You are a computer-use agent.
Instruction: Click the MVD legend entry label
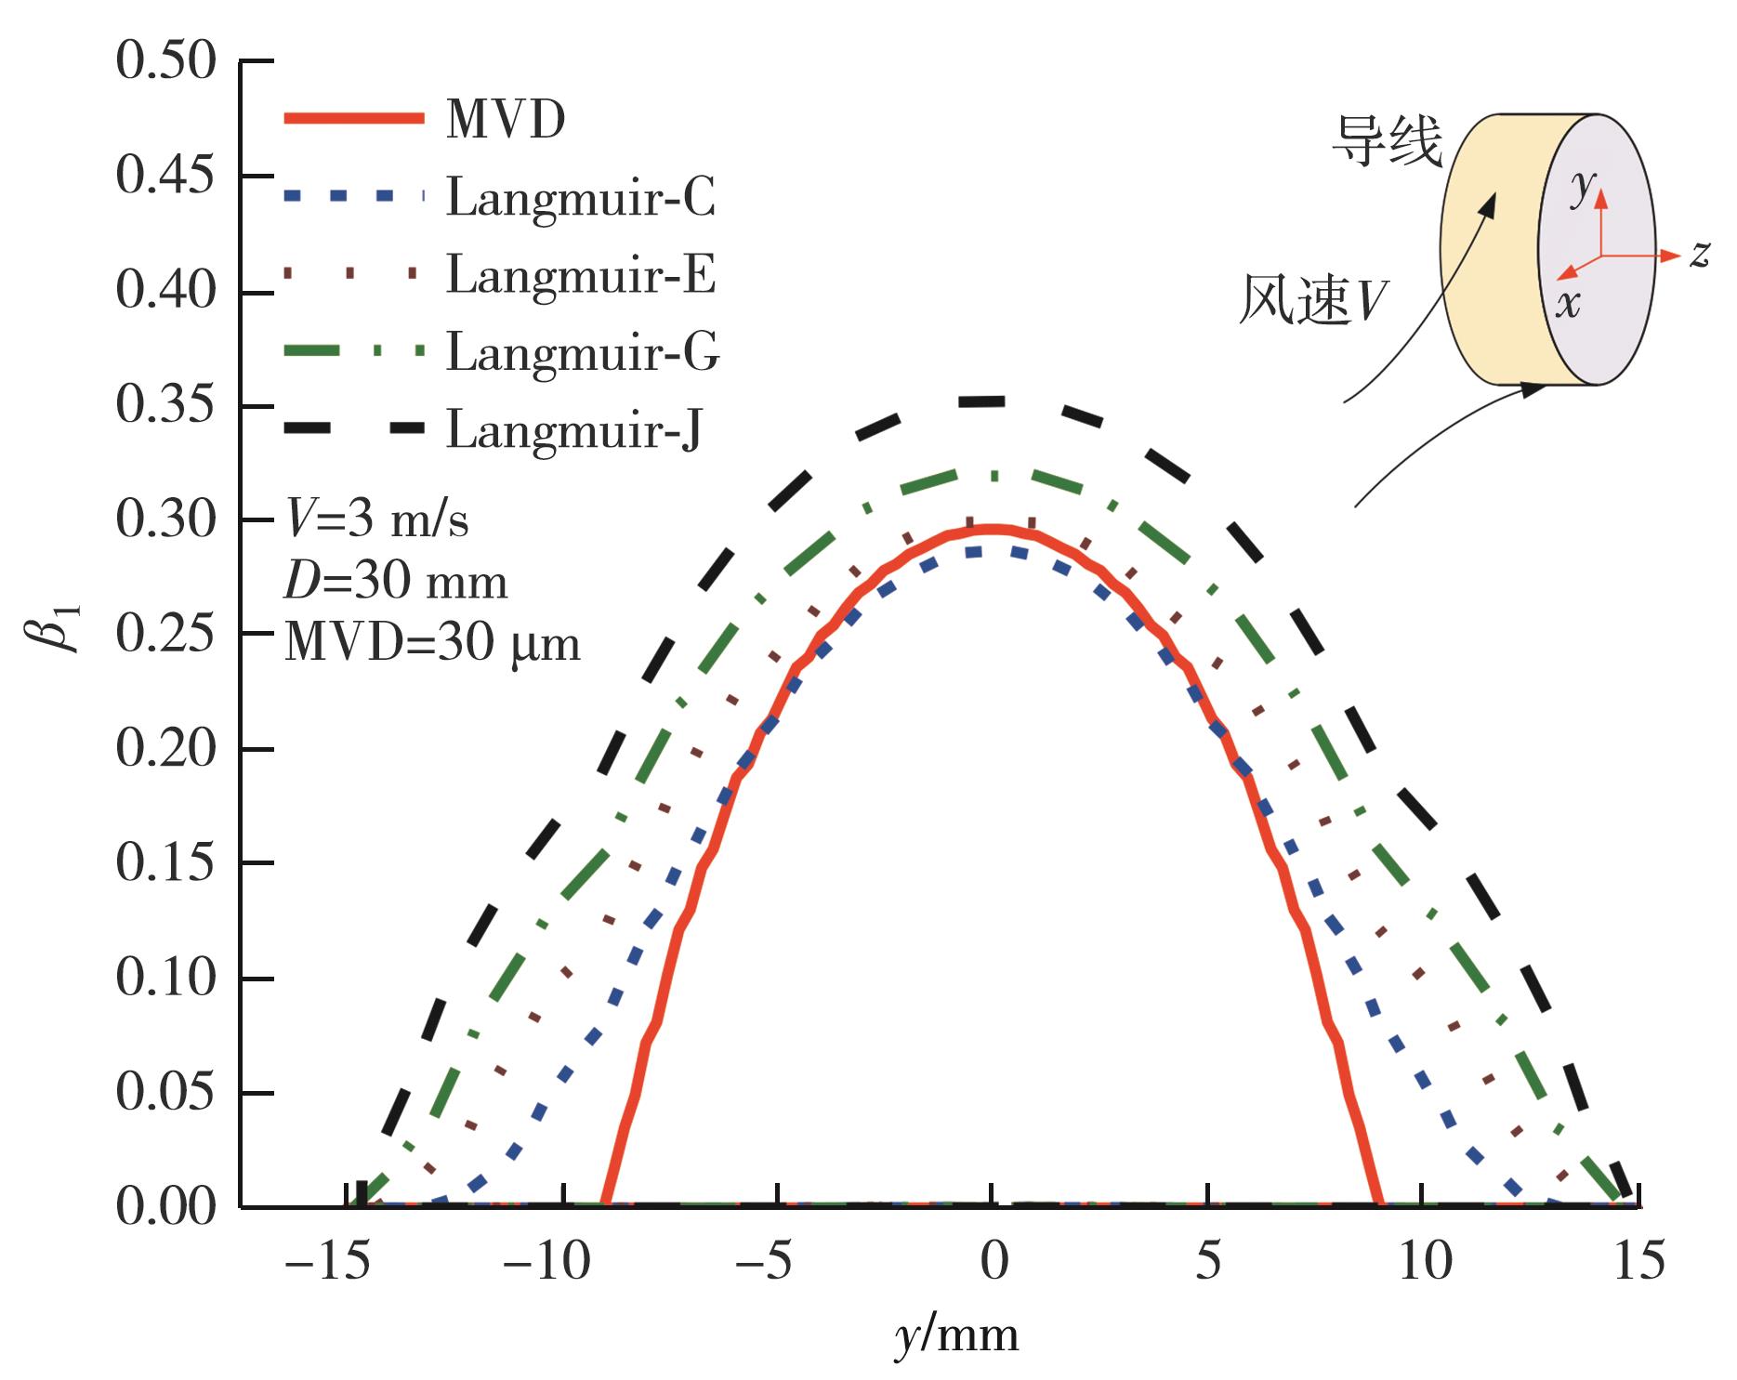click(x=506, y=121)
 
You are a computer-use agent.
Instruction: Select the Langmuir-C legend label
click(x=581, y=198)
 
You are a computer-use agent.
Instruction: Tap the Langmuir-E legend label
click(x=581, y=275)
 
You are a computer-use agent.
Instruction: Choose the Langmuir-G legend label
click(x=583, y=352)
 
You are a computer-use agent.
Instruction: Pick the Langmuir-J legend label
click(x=573, y=429)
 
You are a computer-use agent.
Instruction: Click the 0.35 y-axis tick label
click(x=165, y=406)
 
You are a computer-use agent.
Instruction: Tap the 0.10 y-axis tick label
click(x=165, y=979)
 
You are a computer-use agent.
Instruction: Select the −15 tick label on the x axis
click(x=327, y=1263)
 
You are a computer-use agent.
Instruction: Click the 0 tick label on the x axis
click(x=994, y=1263)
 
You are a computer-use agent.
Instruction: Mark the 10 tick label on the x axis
click(x=1425, y=1263)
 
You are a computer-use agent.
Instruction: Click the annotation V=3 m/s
click(x=376, y=520)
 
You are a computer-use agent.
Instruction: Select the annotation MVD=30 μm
click(x=432, y=643)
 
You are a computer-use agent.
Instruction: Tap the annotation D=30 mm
click(x=396, y=582)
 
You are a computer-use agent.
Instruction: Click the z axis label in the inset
click(x=1700, y=253)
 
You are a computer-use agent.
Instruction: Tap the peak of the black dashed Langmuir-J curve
click(x=994, y=401)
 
